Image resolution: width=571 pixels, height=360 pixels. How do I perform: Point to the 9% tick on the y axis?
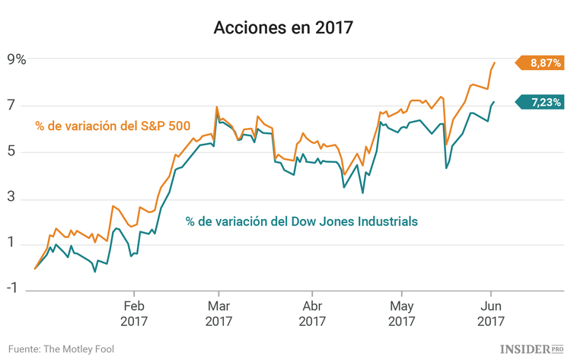(x=17, y=59)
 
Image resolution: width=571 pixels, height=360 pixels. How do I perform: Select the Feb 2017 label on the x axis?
(x=134, y=314)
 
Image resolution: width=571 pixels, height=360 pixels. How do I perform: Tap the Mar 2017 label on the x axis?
(x=219, y=314)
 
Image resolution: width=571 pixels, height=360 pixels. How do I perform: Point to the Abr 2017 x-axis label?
(x=312, y=314)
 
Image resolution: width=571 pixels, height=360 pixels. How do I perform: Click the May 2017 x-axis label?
(x=401, y=314)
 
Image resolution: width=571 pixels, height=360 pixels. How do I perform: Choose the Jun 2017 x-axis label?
(x=490, y=314)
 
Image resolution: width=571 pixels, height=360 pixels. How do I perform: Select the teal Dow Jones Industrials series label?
(x=301, y=221)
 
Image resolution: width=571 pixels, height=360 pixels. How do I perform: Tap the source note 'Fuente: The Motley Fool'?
(x=68, y=348)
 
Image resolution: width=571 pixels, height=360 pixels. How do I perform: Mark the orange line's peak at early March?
(x=217, y=107)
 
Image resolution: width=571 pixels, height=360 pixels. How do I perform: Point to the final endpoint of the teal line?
(x=494, y=102)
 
